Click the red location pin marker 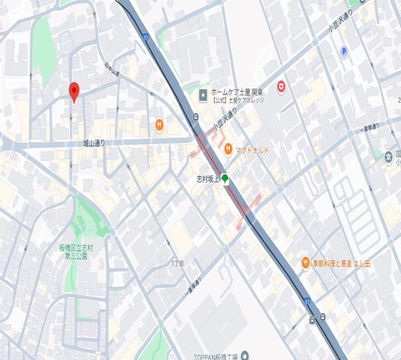74,92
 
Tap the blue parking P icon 344,52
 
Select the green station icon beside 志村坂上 225,179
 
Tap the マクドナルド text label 252,151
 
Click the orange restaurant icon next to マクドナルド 229,150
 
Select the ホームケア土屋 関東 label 236,92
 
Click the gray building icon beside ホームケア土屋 203,95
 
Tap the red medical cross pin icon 281,86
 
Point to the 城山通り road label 93,143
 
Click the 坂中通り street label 112,69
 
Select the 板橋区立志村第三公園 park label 76,251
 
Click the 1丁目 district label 177,264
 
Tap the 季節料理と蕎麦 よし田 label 341,263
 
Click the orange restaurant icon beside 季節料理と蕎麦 305,263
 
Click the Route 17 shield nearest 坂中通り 145,37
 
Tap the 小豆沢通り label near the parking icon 340,26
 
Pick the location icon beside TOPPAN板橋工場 245,355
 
